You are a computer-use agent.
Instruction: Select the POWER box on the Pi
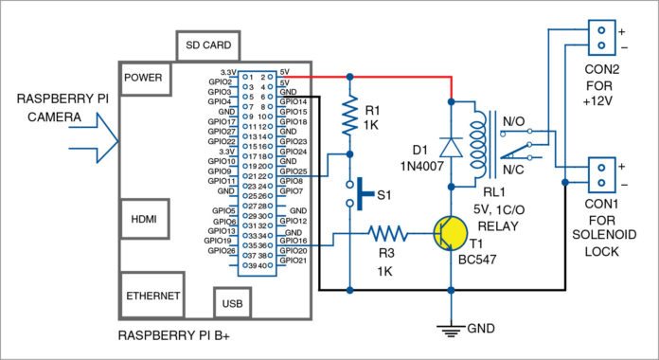pos(143,78)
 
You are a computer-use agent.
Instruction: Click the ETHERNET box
pos(152,295)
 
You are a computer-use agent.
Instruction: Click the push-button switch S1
pos(357,195)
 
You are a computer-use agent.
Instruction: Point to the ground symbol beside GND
pos(451,329)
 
